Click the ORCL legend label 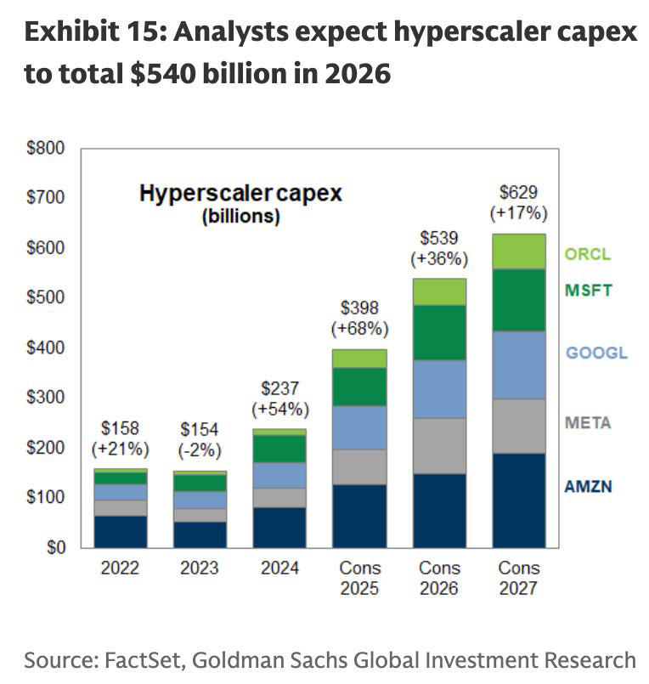588,254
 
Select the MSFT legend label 588,290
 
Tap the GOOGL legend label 597,352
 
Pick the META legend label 588,422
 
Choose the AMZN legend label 589,487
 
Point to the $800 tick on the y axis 48,149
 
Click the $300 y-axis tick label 48,398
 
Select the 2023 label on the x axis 198,568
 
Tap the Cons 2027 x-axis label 519,578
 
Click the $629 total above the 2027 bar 519,192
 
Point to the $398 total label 359,308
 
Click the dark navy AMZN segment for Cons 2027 519,500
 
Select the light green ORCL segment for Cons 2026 439,291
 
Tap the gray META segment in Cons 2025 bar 359,466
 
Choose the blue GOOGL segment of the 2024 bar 279,475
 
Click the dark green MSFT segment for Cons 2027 519,300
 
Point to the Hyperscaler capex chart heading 240,194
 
